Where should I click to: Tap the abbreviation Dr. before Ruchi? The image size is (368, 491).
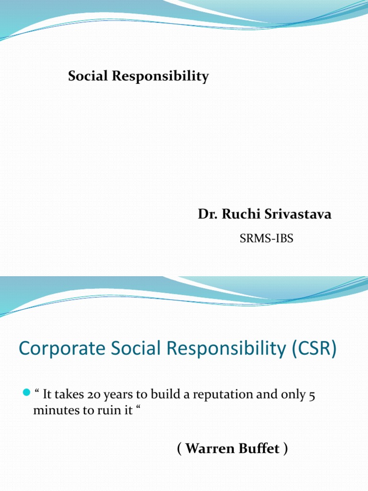206,214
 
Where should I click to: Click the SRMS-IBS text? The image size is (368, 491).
266,238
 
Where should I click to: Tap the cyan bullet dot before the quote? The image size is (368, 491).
26,394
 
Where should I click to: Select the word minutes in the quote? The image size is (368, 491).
53,410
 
